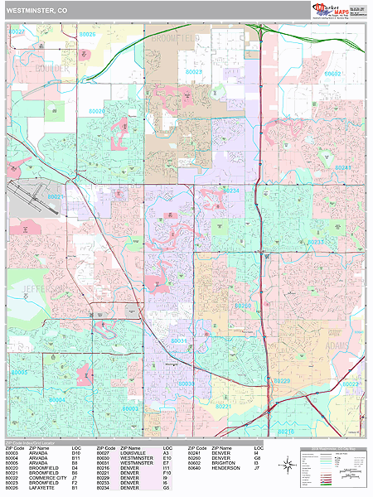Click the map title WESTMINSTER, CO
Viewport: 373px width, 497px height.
tap(38, 10)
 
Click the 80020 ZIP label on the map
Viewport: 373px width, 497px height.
tap(96, 110)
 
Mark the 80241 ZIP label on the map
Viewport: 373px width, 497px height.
tap(343, 167)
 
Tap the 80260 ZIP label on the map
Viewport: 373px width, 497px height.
tap(243, 306)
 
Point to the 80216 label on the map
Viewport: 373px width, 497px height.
tap(284, 432)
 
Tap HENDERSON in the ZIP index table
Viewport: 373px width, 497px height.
tap(228, 468)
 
